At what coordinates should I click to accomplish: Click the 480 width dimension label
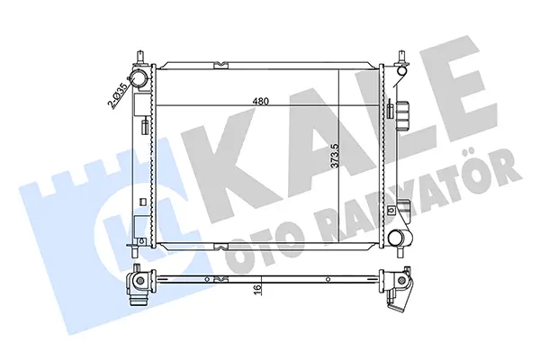[x=260, y=101]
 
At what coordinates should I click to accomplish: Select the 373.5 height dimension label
[x=335, y=156]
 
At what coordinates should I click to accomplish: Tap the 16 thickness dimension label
[x=258, y=290]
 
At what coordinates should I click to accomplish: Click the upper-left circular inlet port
[x=139, y=78]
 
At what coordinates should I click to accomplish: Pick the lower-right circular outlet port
[x=395, y=238]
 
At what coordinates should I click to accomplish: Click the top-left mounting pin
[x=140, y=58]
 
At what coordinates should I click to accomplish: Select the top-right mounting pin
[x=400, y=58]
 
